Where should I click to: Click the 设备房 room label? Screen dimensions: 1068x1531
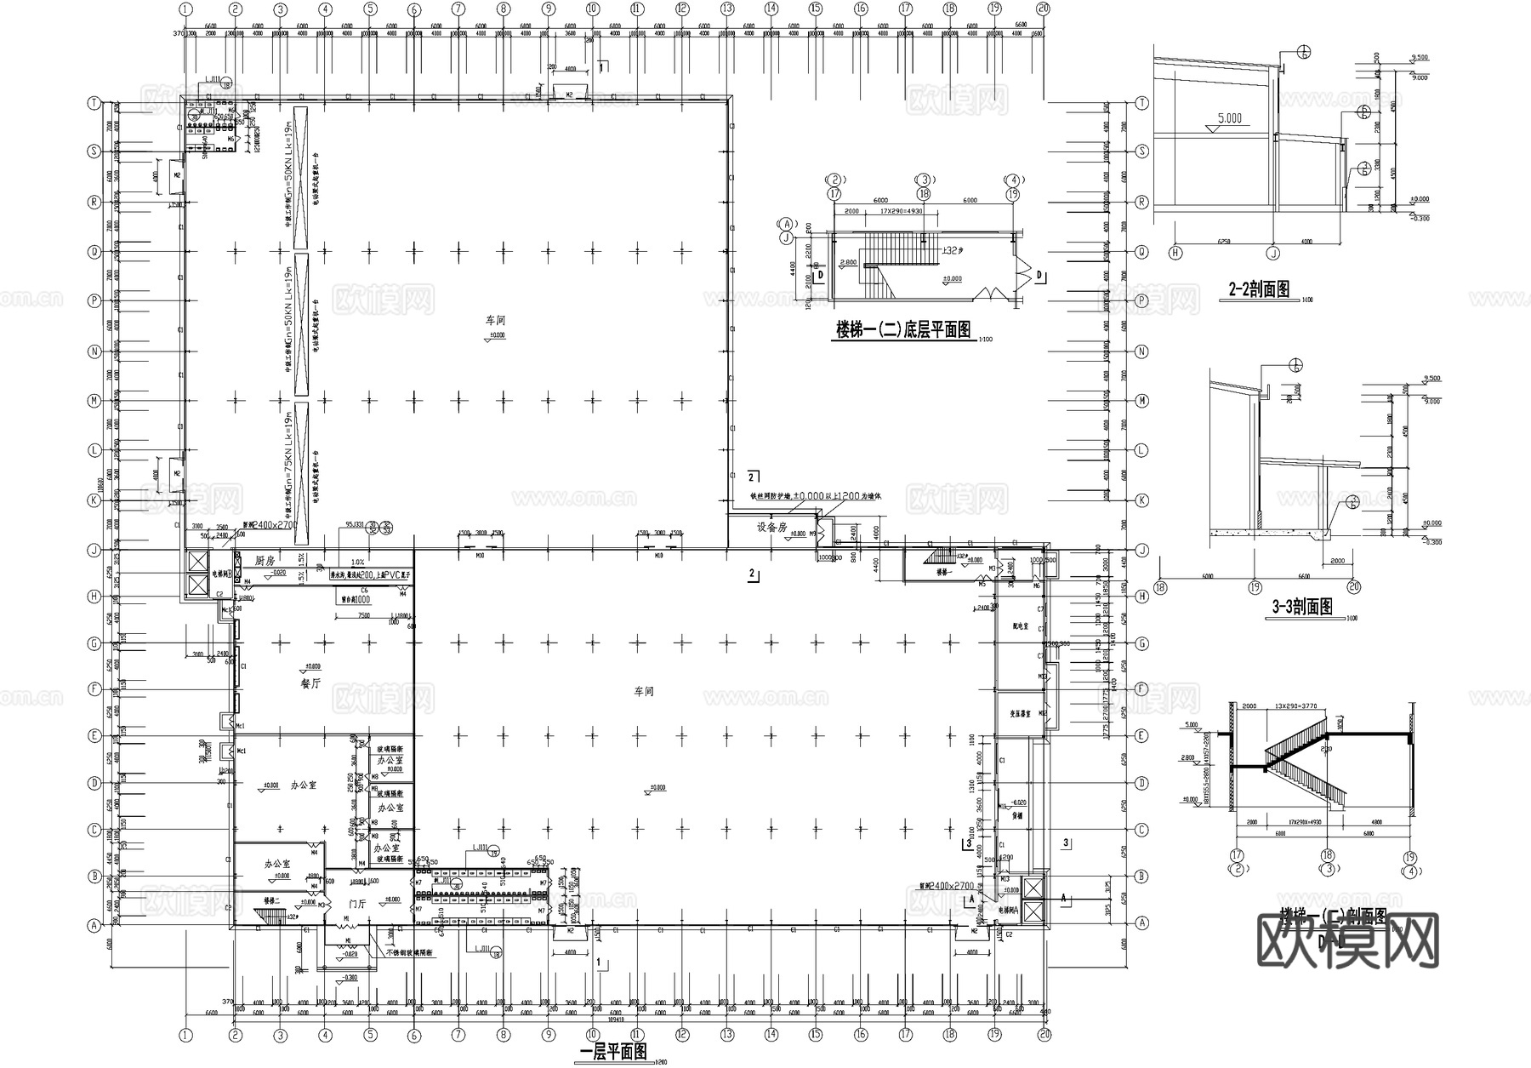coord(773,528)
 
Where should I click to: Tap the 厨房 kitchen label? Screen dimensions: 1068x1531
coord(265,562)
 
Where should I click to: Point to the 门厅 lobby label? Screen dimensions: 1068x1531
coord(358,904)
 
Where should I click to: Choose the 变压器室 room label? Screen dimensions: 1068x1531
coord(1020,714)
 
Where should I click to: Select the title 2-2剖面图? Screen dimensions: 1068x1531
coord(1259,290)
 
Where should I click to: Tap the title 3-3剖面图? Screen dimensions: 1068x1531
coord(1301,607)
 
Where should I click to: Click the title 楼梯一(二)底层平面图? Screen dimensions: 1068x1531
coord(903,330)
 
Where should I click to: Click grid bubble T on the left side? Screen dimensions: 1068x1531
coord(94,103)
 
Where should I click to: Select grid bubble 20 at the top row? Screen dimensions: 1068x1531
coord(1044,9)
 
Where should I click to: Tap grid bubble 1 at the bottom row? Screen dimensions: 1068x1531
coord(186,1035)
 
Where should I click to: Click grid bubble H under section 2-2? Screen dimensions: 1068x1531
coord(1175,253)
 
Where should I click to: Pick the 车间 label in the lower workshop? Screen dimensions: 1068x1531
coord(644,692)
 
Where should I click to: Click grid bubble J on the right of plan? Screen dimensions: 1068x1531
coord(1142,550)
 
